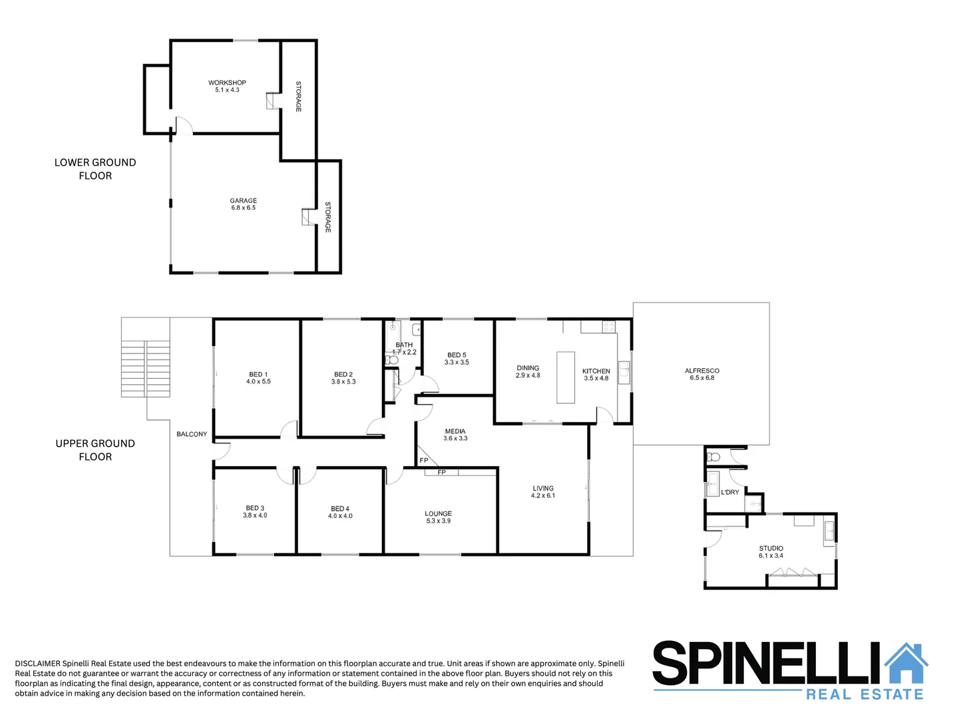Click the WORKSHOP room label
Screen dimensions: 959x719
point(227,83)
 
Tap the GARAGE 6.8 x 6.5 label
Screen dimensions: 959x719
point(244,204)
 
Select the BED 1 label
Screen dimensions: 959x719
point(258,374)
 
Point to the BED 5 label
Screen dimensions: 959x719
point(457,355)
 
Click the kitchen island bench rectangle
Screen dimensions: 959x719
point(565,377)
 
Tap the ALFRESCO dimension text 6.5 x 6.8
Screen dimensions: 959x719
point(701,377)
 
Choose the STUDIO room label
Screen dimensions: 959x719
point(771,548)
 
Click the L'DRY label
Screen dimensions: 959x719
point(729,492)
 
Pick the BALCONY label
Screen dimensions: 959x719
point(192,434)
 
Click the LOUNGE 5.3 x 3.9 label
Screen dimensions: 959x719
point(438,517)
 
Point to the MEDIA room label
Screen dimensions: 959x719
point(455,431)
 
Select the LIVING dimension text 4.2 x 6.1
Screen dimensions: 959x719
point(543,495)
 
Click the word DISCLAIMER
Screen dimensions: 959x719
point(37,664)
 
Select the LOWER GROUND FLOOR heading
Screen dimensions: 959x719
point(95,169)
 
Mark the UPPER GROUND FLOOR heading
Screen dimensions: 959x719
point(95,450)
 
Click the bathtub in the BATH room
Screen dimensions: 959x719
point(393,335)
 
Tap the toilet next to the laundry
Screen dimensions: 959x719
point(713,457)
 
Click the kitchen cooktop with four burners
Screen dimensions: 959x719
point(608,326)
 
